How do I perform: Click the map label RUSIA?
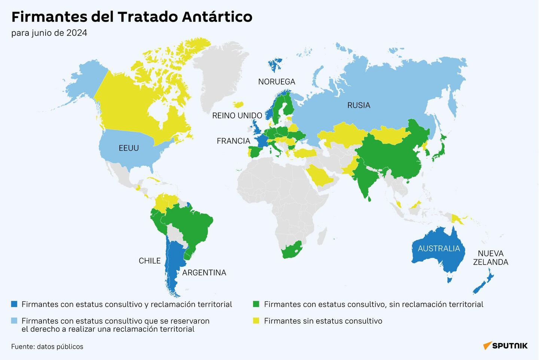(359, 106)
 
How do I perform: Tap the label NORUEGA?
(277, 82)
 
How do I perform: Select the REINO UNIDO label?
(237, 116)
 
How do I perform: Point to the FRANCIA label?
(233, 141)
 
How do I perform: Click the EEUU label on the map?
(129, 148)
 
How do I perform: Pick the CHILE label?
(149, 261)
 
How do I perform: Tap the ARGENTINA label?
(204, 273)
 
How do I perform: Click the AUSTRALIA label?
(439, 249)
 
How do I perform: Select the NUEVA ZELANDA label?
(490, 258)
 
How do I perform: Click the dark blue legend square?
(14, 304)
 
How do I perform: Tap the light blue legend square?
(14, 321)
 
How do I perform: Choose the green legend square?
(256, 304)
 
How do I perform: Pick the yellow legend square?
(256, 321)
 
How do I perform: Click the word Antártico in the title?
(217, 17)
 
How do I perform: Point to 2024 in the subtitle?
(76, 33)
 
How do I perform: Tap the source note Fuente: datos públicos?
(47, 347)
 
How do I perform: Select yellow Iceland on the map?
(238, 104)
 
